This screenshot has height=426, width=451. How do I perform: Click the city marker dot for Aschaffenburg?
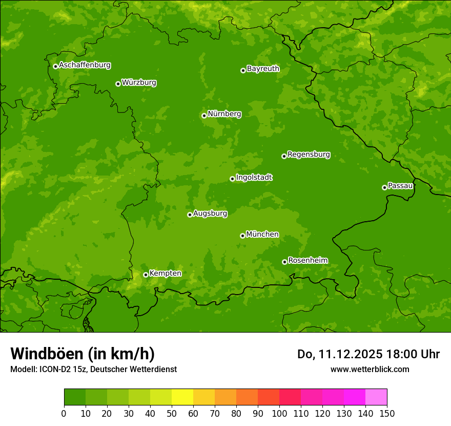pyautogui.click(x=55, y=66)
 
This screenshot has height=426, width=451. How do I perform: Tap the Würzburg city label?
pyautogui.click(x=139, y=83)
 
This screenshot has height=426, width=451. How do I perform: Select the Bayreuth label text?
pyautogui.click(x=263, y=69)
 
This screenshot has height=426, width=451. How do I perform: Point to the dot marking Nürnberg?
pyautogui.click(x=204, y=115)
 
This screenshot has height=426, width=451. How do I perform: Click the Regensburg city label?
pyautogui.click(x=309, y=154)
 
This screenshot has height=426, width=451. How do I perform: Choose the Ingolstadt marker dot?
pyautogui.click(x=232, y=179)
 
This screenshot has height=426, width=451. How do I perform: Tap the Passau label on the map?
pyautogui.click(x=400, y=186)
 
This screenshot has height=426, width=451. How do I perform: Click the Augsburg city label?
pyautogui.click(x=210, y=214)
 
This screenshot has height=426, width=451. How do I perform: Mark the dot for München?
pyautogui.click(x=242, y=236)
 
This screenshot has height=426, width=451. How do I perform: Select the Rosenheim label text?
pyautogui.click(x=307, y=261)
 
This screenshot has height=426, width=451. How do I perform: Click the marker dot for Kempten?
pyautogui.click(x=146, y=275)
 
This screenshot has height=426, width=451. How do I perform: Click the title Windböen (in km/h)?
pyautogui.click(x=83, y=354)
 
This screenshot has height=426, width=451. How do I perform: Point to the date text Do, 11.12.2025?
pyautogui.click(x=340, y=354)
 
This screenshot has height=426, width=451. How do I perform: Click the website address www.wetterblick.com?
pyautogui.click(x=370, y=369)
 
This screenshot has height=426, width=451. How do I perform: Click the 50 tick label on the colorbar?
pyautogui.click(x=172, y=414)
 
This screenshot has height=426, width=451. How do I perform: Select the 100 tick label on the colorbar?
pyautogui.click(x=279, y=414)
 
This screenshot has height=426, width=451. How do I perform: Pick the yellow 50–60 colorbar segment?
pyautogui.click(x=182, y=397)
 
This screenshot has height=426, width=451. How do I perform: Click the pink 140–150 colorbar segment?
pyautogui.click(x=376, y=397)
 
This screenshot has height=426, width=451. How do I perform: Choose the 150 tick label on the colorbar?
pyautogui.click(x=387, y=414)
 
